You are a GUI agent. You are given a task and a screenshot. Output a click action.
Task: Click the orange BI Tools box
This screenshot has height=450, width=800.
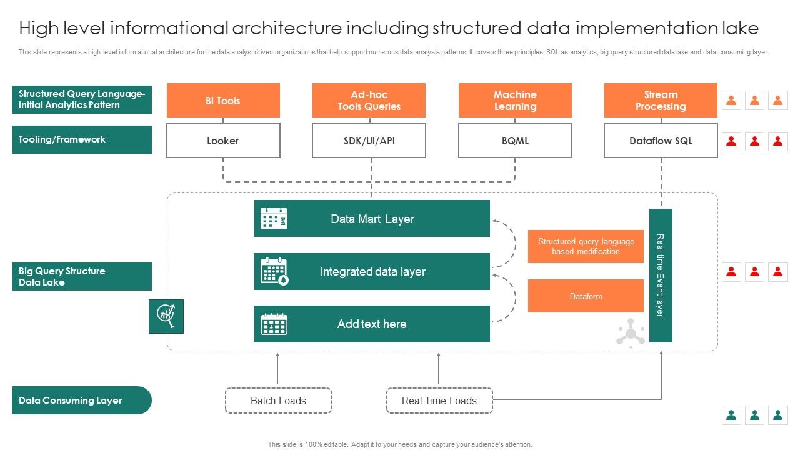tap(223, 101)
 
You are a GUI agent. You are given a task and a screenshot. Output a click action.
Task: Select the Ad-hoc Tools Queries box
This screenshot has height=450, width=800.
tap(369, 101)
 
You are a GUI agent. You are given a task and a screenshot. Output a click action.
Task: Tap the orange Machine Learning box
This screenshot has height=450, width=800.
tap(515, 101)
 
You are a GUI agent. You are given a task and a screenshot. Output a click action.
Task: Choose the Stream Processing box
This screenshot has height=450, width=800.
tap(661, 101)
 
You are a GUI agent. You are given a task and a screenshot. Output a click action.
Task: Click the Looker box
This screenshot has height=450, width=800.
tap(223, 141)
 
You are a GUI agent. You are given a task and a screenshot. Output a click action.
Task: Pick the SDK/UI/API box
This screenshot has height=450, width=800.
tap(369, 141)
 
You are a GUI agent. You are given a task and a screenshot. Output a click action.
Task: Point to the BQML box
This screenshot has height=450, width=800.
tap(515, 141)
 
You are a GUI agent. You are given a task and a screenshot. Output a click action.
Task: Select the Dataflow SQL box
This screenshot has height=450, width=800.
tap(661, 141)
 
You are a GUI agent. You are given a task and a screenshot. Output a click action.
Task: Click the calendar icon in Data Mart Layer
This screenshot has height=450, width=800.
tap(274, 219)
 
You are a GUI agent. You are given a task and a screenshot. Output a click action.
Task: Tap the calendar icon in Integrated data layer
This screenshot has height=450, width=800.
tap(274, 271)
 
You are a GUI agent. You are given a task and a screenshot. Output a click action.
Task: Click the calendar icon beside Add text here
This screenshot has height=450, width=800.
tap(274, 324)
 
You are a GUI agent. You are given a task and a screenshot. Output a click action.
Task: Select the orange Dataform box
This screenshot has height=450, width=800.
tap(586, 296)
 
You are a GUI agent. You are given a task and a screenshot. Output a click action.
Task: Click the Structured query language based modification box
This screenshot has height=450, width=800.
tap(586, 246)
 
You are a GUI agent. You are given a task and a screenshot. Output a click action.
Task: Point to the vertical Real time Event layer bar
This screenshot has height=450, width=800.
tap(661, 276)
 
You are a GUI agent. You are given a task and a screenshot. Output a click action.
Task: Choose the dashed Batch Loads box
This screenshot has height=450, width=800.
tap(278, 401)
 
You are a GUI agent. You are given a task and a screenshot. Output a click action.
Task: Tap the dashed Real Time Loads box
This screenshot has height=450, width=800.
tap(439, 401)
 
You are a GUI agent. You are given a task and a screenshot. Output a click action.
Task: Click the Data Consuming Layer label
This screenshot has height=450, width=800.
tap(81, 401)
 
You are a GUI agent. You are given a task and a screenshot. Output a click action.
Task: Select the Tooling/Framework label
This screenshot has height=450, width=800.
tap(82, 139)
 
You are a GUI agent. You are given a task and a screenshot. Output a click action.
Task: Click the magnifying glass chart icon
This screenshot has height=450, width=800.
tap(166, 316)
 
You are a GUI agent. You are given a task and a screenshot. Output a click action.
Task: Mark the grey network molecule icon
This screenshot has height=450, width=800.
tap(631, 332)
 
